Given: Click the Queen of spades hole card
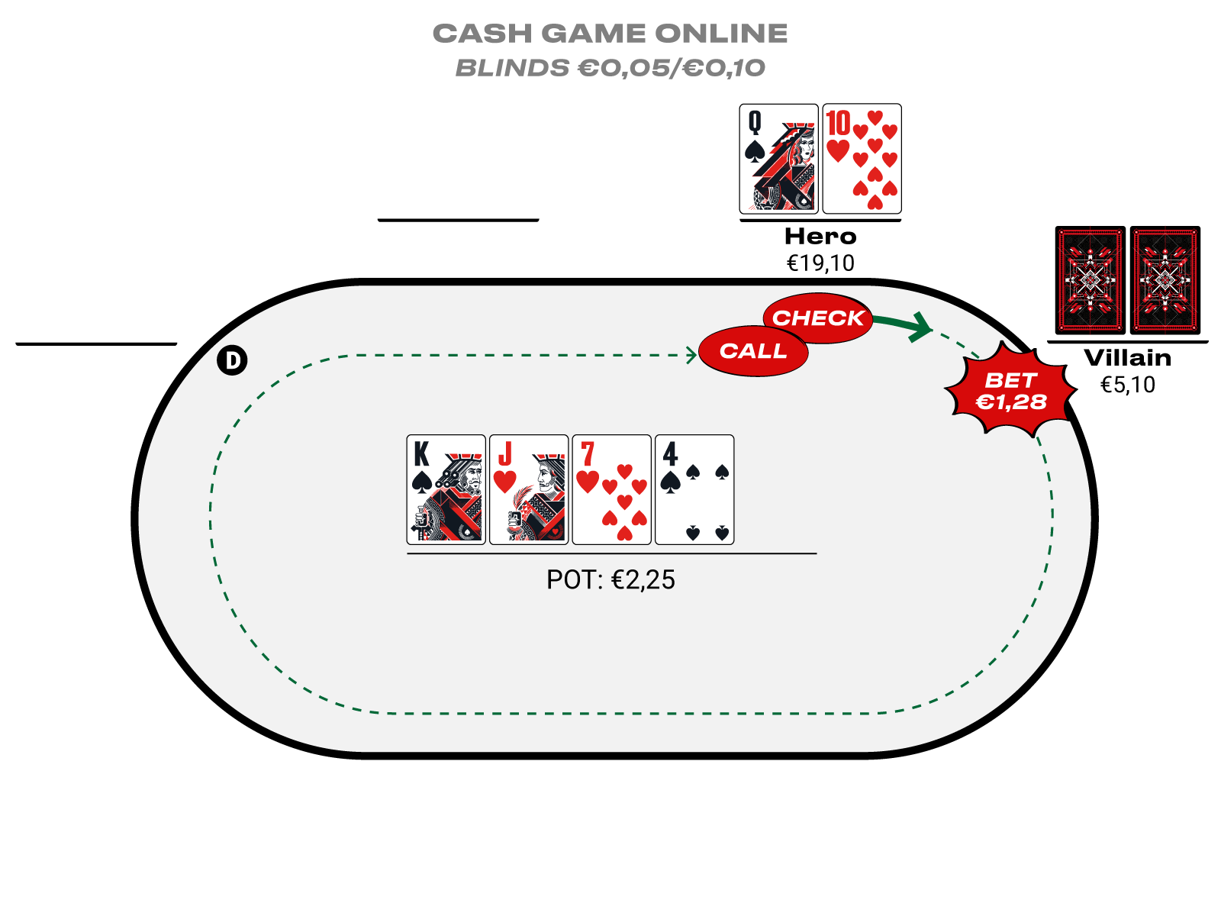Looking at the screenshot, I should (x=778, y=159).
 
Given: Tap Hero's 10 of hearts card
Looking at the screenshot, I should (x=862, y=159).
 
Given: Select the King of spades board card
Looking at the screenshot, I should (x=446, y=489).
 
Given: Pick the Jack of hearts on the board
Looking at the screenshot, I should (x=529, y=489).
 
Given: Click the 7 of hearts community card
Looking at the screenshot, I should (x=611, y=489).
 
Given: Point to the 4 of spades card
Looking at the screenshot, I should (x=694, y=489).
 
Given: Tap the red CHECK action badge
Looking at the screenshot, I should (x=818, y=318).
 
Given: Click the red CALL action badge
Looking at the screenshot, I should (x=753, y=351).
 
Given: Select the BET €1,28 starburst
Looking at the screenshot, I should (x=1011, y=391).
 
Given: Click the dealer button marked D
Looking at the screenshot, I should (x=232, y=360).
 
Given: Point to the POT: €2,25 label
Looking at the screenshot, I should (x=610, y=580).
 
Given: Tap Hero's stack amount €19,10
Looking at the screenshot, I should (x=820, y=263).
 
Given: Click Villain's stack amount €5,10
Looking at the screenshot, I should (x=1127, y=385).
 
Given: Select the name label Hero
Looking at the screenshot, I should (x=820, y=237).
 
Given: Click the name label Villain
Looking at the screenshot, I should (x=1127, y=358).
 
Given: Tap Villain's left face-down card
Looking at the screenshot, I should (x=1090, y=280).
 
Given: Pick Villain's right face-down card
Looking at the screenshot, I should (x=1165, y=280).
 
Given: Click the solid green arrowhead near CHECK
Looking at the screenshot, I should (x=920, y=327).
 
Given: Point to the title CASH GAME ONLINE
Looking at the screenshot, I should (x=610, y=34).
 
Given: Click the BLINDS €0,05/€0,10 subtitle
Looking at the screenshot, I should (x=610, y=68).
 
